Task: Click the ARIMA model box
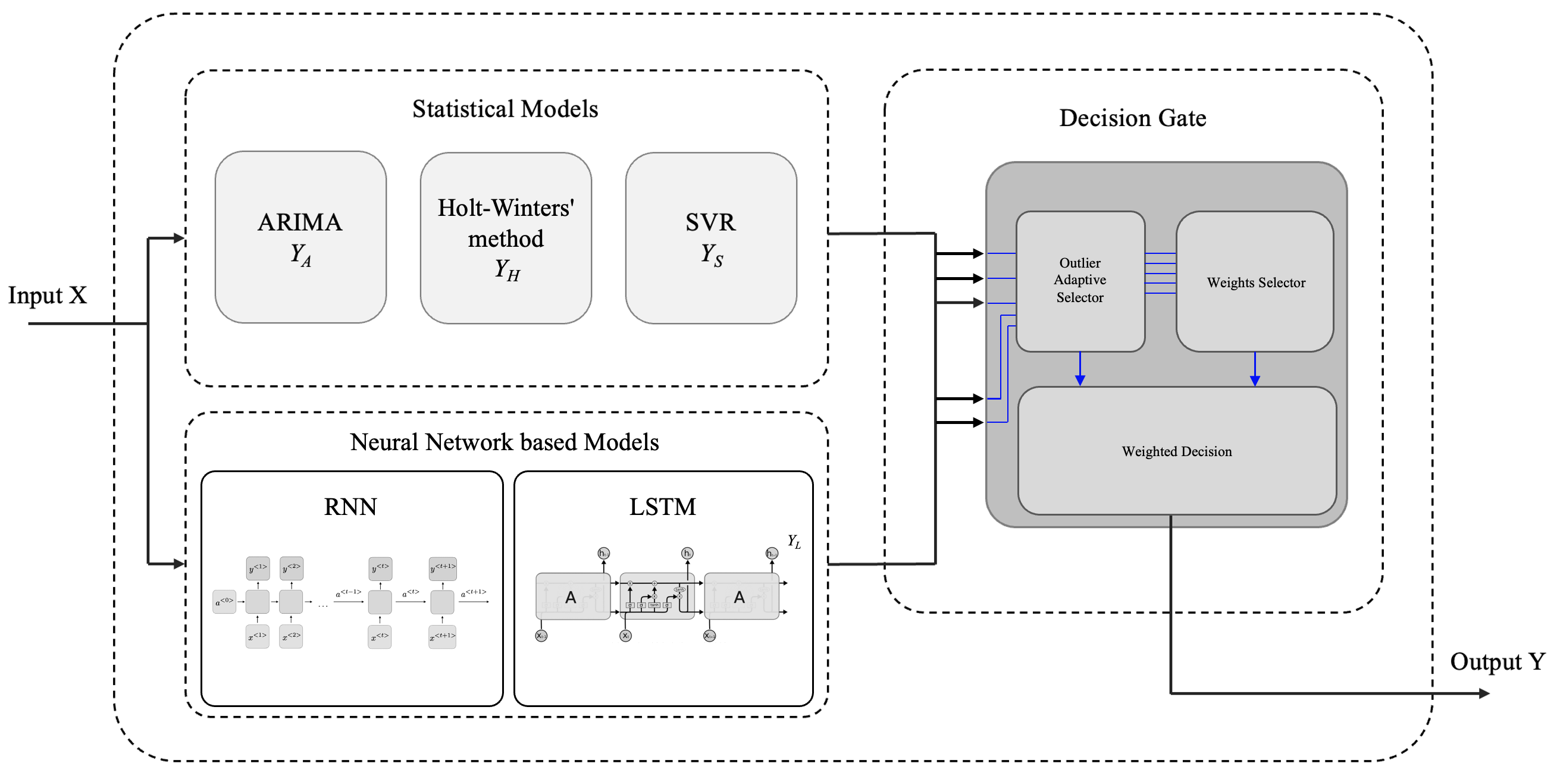[300, 237]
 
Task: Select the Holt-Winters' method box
[506, 238]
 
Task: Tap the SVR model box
[711, 238]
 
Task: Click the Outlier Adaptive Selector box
[1080, 281]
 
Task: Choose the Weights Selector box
[1255, 282]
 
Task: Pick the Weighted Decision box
[1177, 451]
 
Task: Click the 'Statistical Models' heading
[505, 109]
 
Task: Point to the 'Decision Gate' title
[1132, 118]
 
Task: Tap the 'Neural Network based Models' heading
[505, 442]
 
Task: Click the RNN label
[350, 507]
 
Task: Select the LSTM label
[663, 507]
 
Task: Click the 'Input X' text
[47, 296]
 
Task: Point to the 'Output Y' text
[1497, 662]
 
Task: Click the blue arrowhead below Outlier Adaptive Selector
[1080, 380]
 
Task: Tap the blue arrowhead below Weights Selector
[1255, 380]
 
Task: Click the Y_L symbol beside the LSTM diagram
[794, 541]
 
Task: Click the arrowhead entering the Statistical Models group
[178, 238]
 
